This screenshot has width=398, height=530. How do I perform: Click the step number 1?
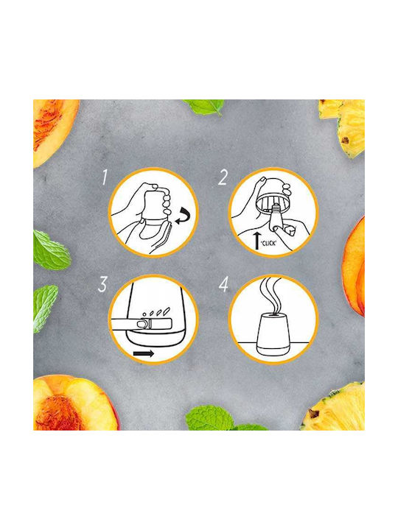(x=105, y=177)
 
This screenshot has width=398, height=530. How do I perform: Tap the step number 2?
(x=223, y=177)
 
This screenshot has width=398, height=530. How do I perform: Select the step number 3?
(x=102, y=284)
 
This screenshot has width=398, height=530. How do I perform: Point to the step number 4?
(x=224, y=285)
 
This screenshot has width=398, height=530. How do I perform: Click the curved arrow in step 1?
(x=183, y=217)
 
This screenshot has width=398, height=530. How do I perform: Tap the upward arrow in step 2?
(x=257, y=240)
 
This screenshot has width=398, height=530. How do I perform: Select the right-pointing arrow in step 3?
(x=144, y=353)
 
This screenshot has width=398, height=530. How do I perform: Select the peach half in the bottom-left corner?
(x=75, y=403)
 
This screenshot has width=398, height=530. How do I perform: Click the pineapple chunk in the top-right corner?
(x=344, y=127)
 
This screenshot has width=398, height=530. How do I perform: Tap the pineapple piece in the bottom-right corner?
(x=335, y=408)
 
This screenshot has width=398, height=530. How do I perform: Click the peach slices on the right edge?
(x=354, y=267)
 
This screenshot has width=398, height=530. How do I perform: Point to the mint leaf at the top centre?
(x=204, y=106)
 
